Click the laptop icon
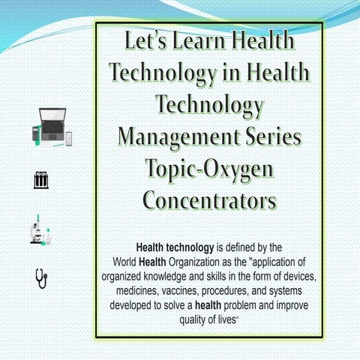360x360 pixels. (x=52, y=127)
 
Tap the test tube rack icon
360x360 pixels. (x=42, y=180)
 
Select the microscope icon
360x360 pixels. (x=40, y=229)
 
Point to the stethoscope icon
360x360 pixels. (x=41, y=277)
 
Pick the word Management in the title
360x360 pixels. (x=176, y=137)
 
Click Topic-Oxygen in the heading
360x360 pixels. (x=209, y=169)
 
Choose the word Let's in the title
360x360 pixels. (x=148, y=41)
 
